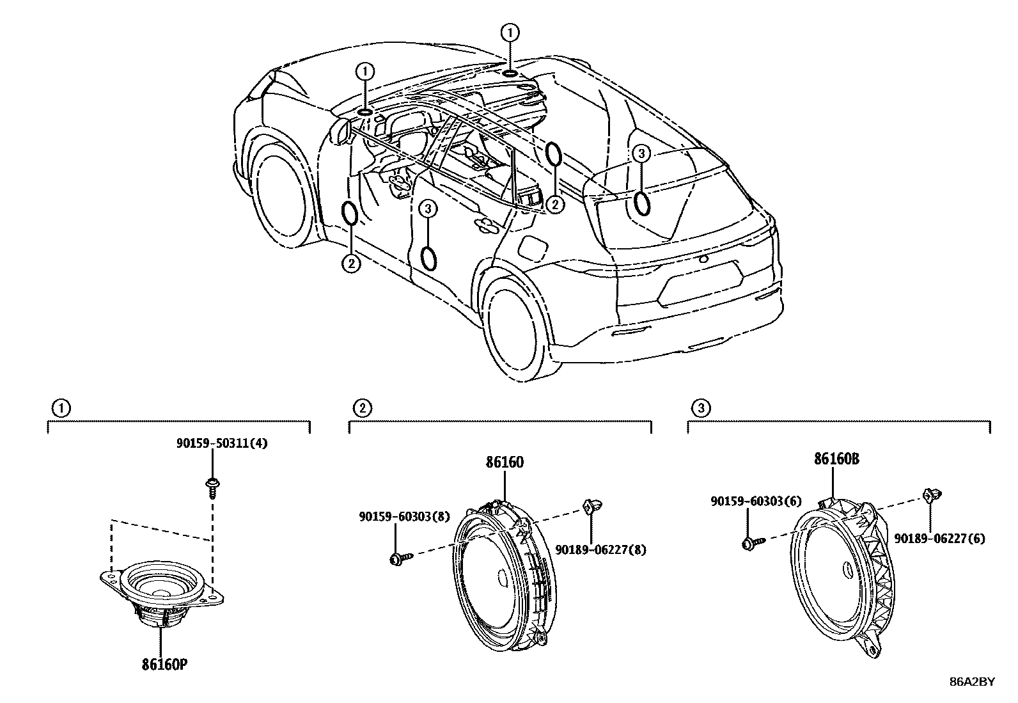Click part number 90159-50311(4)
222,443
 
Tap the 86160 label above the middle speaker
505,462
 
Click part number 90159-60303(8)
403,517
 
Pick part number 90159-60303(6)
756,502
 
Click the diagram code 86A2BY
972,682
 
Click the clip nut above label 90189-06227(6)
929,494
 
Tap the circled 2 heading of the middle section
362,407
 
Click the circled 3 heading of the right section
701,407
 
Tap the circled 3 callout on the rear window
641,154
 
